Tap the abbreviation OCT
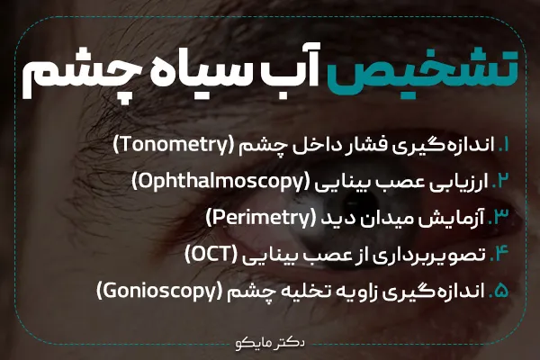coord(213,255)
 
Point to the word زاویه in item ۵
coord(367,292)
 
